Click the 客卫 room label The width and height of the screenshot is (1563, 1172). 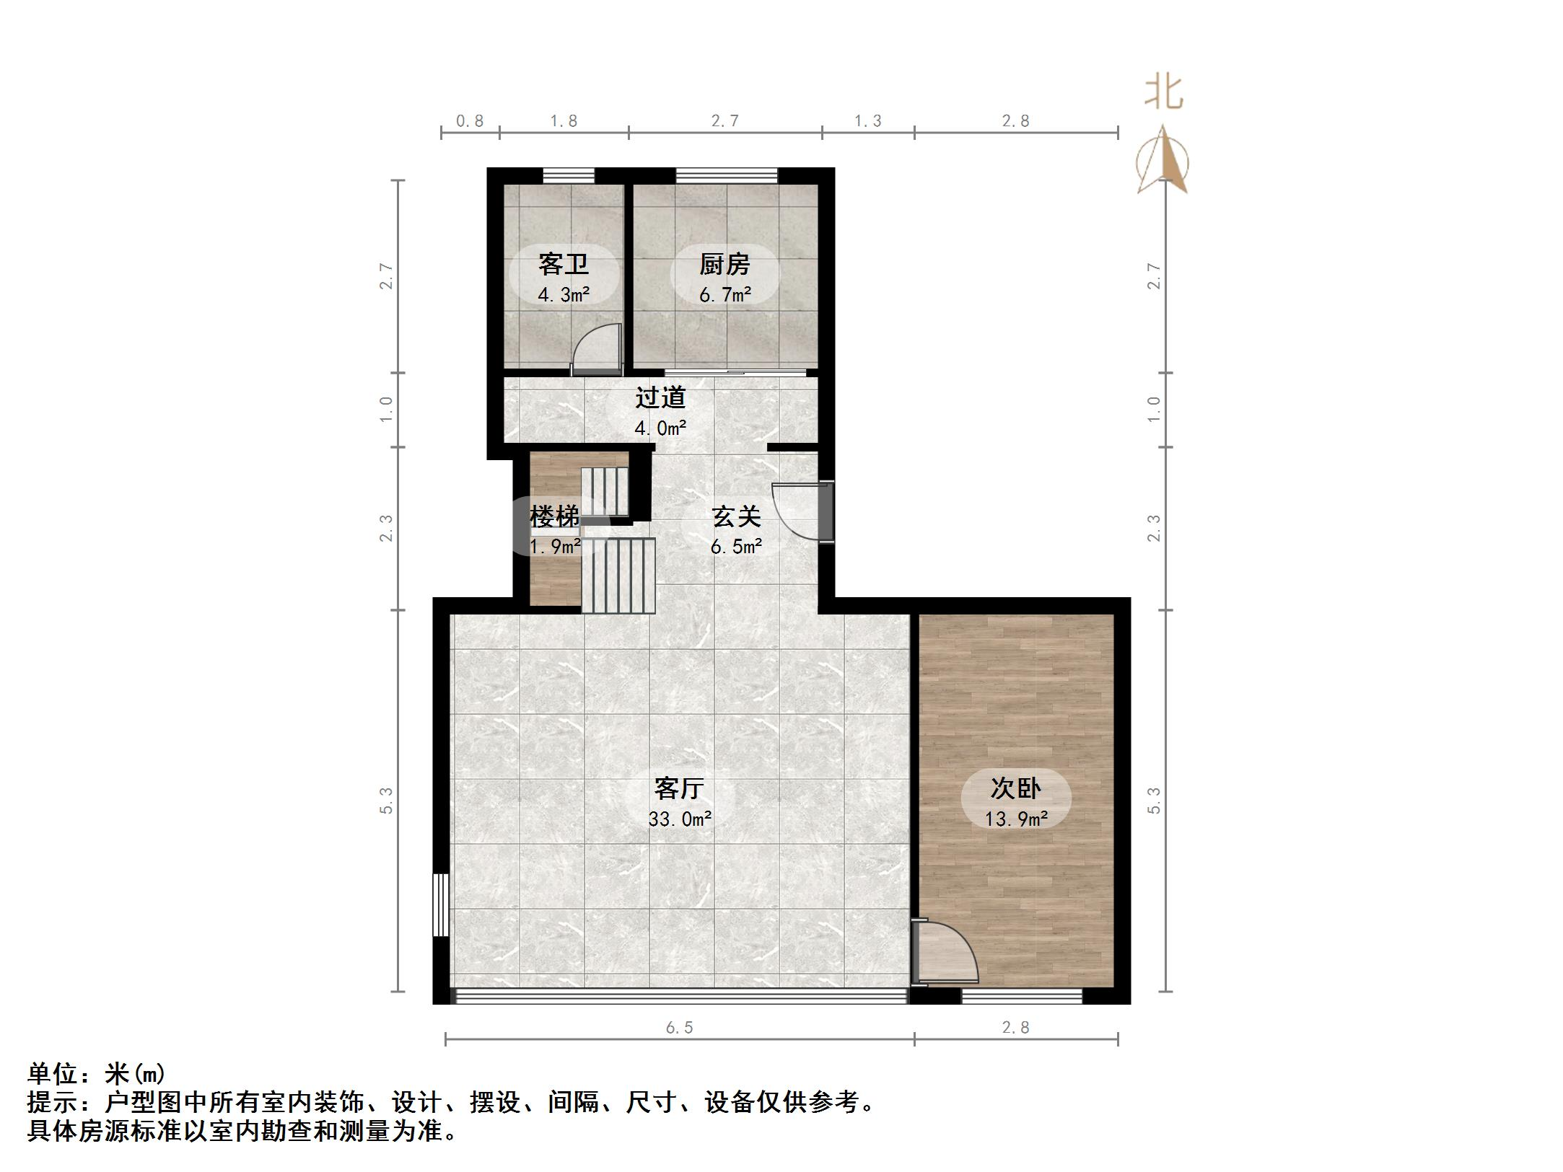[x=564, y=265]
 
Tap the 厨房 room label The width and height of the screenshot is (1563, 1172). [x=724, y=265]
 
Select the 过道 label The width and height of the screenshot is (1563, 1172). [x=660, y=397]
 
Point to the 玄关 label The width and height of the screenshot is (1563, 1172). [x=736, y=516]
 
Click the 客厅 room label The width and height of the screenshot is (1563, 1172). [x=679, y=788]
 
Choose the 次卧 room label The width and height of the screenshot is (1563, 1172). [x=1015, y=788]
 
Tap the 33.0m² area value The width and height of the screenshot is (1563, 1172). [x=680, y=819]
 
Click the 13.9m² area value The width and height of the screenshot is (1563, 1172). [x=1016, y=819]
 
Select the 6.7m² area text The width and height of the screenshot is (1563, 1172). [x=725, y=295]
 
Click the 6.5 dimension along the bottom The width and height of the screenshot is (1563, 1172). [x=679, y=1028]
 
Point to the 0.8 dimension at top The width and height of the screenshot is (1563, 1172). [x=470, y=121]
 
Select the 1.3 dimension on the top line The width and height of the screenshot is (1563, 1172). [x=868, y=121]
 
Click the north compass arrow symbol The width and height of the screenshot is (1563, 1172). [x=1163, y=162]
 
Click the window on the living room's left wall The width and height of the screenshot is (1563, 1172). [x=440, y=904]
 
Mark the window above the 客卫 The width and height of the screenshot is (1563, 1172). [x=569, y=175]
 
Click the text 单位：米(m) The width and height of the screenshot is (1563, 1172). [x=97, y=1075]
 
